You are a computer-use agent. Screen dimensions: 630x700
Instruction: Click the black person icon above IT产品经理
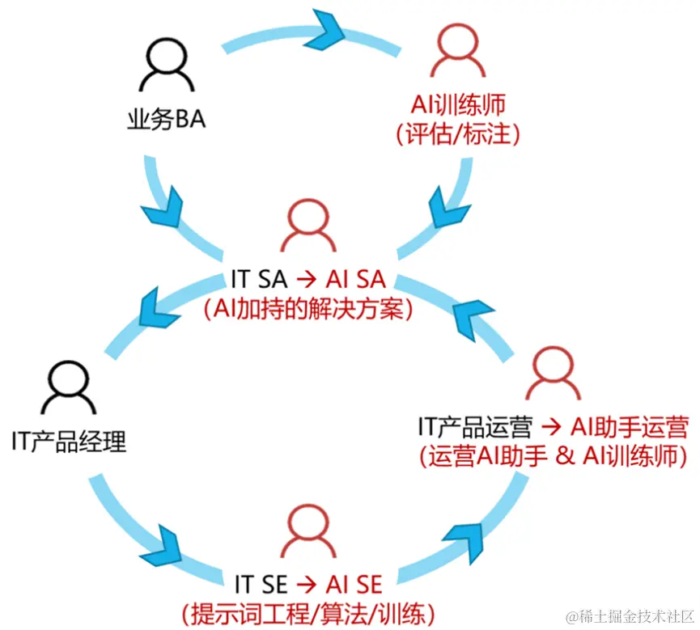[x=70, y=387]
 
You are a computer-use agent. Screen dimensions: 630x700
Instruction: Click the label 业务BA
[x=167, y=121]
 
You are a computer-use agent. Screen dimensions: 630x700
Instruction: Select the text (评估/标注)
[x=456, y=133]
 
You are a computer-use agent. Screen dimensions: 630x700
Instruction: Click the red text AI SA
[x=356, y=279]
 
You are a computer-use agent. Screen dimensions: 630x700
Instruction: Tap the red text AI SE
[x=354, y=584]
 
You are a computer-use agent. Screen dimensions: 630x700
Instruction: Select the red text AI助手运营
[x=629, y=425]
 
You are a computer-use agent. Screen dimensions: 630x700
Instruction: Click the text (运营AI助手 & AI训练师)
[x=553, y=455]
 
